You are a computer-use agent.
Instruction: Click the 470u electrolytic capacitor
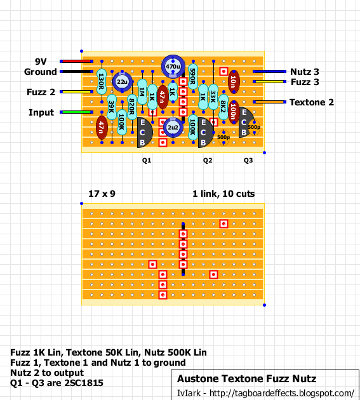[x=173, y=66]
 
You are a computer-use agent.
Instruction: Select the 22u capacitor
[x=122, y=82]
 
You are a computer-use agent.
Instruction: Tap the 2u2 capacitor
[x=173, y=127]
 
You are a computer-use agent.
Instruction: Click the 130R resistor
[x=102, y=82]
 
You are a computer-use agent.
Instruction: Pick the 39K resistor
[x=112, y=107]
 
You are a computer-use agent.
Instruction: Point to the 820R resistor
[x=132, y=107]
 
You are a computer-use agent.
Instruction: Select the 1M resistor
[x=142, y=92]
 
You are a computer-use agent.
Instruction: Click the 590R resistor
[x=193, y=77]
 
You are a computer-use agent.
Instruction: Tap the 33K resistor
[x=213, y=97]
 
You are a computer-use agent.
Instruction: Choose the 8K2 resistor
[x=223, y=107]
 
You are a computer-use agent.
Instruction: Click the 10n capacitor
[x=234, y=82]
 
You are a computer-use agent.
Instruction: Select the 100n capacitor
[x=234, y=112]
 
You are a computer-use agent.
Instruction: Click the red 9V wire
[x=77, y=61]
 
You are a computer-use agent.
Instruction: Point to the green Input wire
[x=77, y=112]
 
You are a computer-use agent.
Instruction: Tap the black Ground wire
[x=77, y=71]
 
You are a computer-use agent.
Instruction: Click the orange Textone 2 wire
[x=269, y=102]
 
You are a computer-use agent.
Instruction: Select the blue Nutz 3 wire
[x=269, y=71]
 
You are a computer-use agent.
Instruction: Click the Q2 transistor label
[x=208, y=161]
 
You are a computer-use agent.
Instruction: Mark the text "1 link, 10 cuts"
[x=223, y=194]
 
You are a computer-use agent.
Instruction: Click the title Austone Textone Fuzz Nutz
[x=247, y=379]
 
